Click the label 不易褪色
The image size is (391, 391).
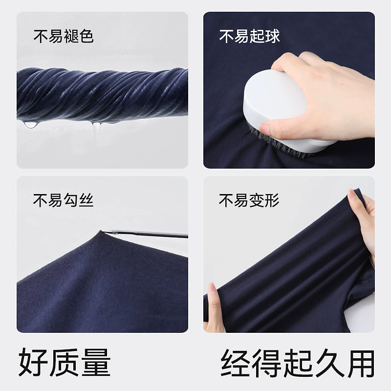coord(64,36)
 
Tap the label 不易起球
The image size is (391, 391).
coord(250,36)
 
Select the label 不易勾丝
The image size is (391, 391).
coord(64,200)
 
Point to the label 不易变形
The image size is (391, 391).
coord(249,200)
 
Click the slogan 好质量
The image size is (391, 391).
coord(65,362)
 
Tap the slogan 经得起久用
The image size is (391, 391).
coord(298,363)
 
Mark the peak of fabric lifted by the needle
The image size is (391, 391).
coord(101,231)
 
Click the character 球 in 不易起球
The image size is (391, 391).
coord(273,36)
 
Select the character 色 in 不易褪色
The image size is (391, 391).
coord(87,36)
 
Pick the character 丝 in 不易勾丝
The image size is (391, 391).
coord(87,200)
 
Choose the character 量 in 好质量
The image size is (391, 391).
coord(96,362)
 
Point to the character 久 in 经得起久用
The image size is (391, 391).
coord(328,363)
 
